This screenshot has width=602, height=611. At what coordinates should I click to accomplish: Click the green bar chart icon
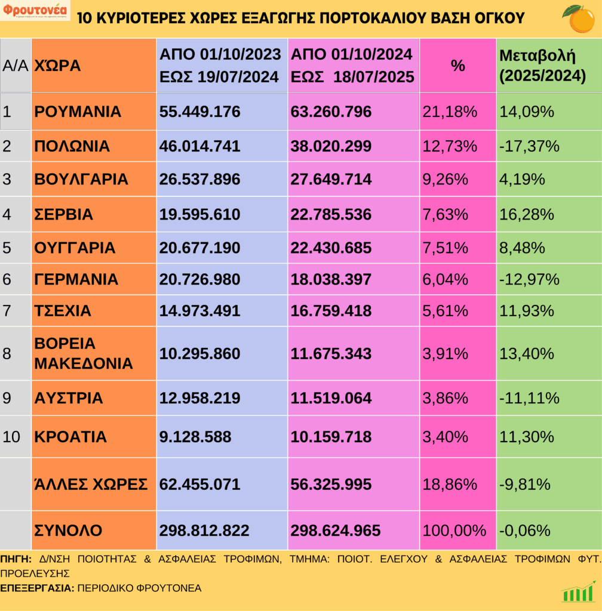[578, 592]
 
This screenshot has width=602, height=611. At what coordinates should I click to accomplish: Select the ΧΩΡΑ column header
[58, 66]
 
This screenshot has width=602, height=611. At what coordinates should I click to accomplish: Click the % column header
[457, 66]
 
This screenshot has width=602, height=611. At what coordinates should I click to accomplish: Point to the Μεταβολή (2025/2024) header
[542, 66]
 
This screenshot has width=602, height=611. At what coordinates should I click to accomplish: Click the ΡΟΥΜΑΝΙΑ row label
[78, 112]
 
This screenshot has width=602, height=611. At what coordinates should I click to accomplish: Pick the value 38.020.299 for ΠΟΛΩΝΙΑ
[331, 146]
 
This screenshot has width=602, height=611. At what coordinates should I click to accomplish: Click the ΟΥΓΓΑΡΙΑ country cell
[75, 247]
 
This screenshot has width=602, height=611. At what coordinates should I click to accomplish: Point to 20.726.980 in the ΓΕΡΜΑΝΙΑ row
[199, 279]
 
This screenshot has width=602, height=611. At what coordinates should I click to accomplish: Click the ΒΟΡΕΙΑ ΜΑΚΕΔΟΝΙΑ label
[83, 353]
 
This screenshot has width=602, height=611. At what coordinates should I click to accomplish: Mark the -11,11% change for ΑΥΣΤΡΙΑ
[529, 398]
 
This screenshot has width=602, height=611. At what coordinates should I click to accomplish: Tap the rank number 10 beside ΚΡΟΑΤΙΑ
[11, 436]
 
